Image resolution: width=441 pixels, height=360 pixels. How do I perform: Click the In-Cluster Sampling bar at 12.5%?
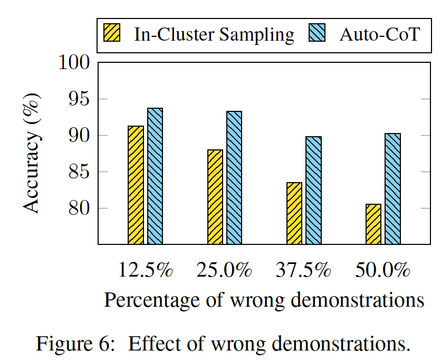pos(136,185)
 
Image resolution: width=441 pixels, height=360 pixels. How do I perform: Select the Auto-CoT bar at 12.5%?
pos(155,176)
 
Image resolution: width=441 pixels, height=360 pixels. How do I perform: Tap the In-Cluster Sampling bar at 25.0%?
pos(215,196)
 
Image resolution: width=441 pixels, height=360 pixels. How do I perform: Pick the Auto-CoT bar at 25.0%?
pos(234,177)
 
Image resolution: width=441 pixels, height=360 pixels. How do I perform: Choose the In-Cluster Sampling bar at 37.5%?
pos(294,213)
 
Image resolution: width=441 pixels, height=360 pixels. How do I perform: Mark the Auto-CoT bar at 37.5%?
pos(313,190)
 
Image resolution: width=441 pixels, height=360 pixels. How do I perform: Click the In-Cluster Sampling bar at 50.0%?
pos(373,224)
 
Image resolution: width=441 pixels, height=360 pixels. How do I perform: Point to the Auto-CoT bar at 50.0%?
pos(392,188)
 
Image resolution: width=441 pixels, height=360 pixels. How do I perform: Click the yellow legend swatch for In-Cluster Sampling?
pos(112,34)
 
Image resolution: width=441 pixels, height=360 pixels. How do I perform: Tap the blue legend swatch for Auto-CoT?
pos(319,34)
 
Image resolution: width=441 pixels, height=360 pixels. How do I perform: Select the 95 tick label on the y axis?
pos(79,99)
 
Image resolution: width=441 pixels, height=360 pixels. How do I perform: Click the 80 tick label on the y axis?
pos(79,208)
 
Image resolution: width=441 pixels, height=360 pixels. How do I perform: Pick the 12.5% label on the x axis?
pos(146,270)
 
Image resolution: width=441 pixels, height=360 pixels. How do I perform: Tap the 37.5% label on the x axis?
pos(304,270)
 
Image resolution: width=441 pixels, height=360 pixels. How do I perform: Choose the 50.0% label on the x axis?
pos(383,270)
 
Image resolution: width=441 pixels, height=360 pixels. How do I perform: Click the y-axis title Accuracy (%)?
pos(33,153)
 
